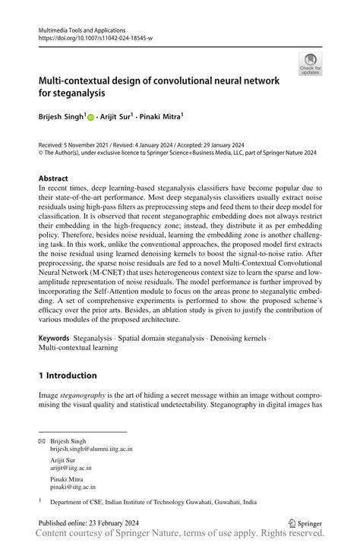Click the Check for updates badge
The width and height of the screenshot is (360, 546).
tap(310, 64)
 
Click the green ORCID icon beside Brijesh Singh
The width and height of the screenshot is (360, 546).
tap(90, 118)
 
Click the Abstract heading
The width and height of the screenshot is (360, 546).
tap(53, 180)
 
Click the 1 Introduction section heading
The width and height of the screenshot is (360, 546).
tap(68, 375)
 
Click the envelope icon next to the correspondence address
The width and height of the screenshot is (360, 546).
tap(43, 441)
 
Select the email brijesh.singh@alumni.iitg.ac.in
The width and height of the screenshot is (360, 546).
tap(91, 450)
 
